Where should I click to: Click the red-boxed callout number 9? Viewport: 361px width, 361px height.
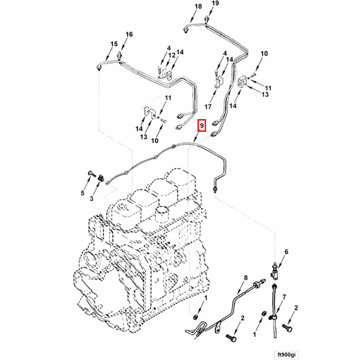[x=202, y=127]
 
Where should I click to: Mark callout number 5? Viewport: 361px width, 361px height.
[x=82, y=193]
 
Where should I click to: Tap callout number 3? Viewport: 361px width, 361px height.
[x=91, y=200]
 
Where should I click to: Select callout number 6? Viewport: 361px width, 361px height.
[x=286, y=252]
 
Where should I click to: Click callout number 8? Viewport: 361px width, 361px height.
[x=245, y=279]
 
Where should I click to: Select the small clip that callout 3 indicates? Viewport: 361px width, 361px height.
[x=102, y=176]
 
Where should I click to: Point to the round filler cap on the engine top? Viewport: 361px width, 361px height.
[x=163, y=212]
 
